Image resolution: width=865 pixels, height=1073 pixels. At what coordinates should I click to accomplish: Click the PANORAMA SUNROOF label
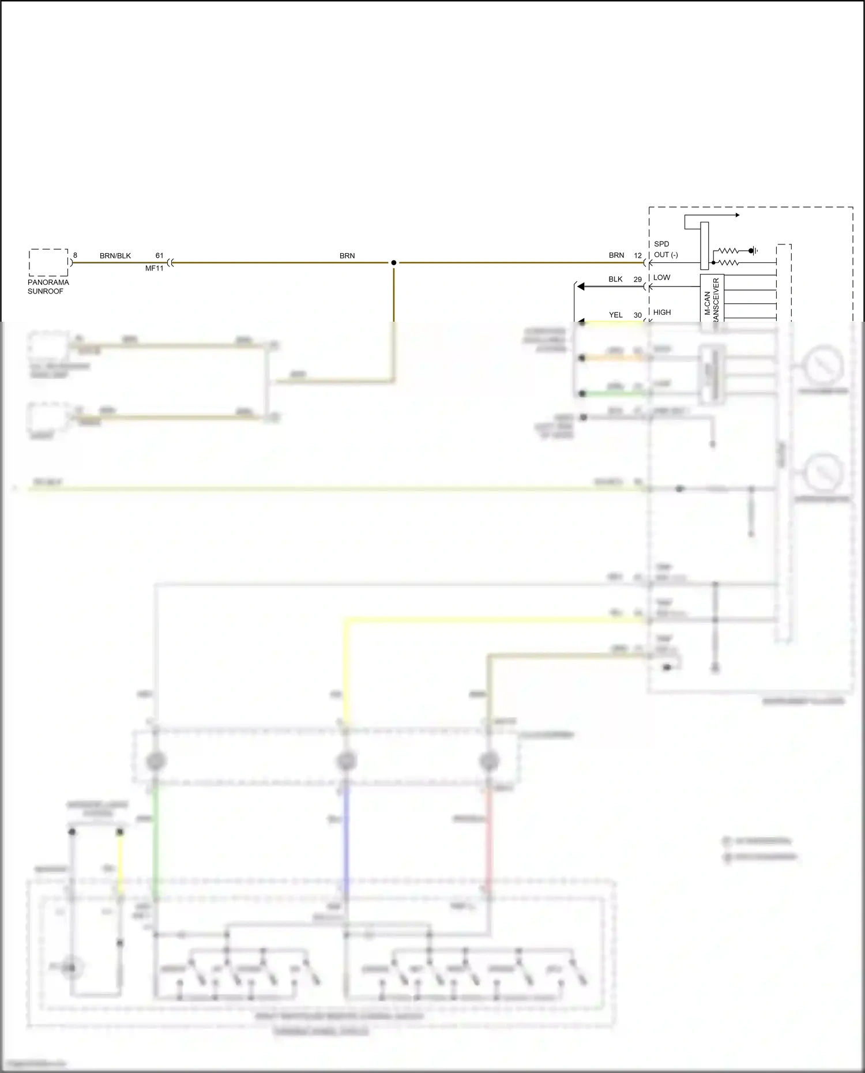(48, 287)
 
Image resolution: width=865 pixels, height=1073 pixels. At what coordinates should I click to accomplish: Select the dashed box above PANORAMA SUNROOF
(48, 262)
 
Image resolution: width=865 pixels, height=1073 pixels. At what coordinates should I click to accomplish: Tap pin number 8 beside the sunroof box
(75, 255)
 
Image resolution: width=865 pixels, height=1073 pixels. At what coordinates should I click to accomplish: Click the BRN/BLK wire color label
(115, 255)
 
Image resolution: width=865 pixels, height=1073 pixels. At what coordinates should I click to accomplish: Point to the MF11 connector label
(154, 268)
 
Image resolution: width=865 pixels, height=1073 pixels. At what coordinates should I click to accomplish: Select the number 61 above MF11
(159, 255)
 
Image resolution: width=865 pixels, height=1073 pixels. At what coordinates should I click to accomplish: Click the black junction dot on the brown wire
(394, 263)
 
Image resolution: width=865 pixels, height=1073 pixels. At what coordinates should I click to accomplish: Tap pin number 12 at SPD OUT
(638, 255)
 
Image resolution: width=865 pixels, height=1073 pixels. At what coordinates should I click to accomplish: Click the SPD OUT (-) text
(665, 250)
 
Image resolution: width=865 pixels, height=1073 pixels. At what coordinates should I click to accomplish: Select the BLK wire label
(615, 279)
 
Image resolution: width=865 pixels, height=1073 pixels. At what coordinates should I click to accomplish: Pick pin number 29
(638, 279)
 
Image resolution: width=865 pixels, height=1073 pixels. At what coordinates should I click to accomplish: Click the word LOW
(662, 277)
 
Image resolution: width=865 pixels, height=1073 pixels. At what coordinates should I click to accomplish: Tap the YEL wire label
(616, 315)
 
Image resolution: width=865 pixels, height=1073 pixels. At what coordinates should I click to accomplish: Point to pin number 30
(638, 315)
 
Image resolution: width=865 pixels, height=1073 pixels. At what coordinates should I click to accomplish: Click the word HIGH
(662, 313)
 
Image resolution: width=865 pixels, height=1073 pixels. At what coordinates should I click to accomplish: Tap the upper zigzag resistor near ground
(727, 251)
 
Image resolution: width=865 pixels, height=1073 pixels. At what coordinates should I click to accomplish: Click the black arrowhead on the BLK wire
(581, 287)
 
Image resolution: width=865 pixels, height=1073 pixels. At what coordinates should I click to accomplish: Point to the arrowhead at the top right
(737, 216)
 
